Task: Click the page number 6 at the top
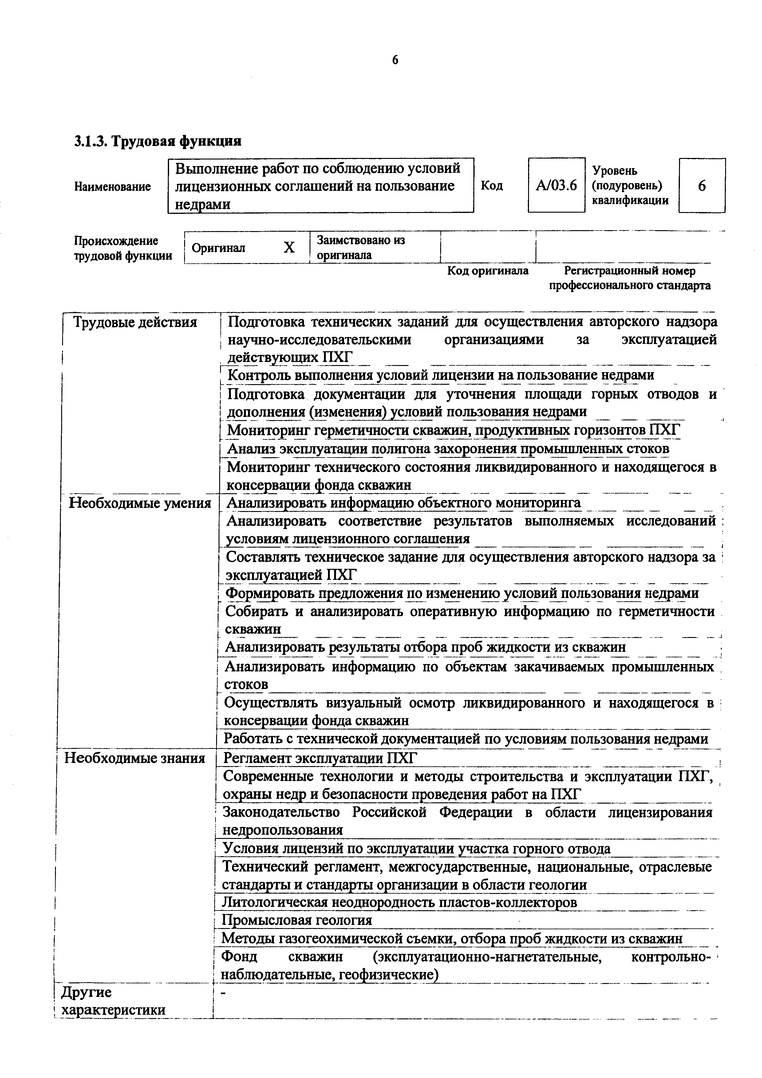pos(395,60)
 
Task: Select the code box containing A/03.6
pos(556,186)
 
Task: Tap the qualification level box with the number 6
pos(701,186)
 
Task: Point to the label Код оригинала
pos(487,271)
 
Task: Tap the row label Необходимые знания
pos(134,758)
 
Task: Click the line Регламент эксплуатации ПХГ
pos(320,758)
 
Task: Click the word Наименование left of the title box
pos(113,187)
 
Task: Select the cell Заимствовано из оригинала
pos(361,247)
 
